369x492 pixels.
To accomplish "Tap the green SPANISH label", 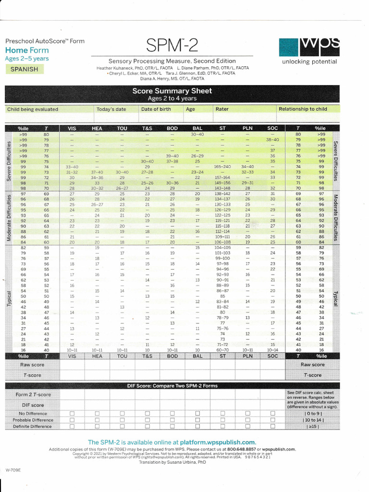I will [24, 69].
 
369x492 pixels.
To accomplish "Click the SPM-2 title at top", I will [172, 46].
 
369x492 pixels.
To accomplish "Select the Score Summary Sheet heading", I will [172, 91].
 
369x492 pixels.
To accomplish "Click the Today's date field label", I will [111, 109].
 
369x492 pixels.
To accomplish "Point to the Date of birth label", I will [156, 109].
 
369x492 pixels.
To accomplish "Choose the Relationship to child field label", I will [303, 109].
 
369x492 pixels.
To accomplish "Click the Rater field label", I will [222, 109].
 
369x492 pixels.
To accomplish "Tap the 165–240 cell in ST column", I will [222, 166].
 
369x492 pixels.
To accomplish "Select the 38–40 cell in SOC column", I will [272, 139].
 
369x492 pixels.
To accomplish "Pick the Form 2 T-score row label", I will [33, 394].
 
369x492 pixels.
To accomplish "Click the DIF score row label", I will [33, 405].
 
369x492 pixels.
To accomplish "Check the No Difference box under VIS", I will [72, 413].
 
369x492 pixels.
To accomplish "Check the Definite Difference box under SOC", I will [272, 426].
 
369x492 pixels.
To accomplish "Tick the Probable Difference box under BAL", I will [197, 420].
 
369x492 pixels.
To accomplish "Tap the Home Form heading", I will [27, 50].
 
